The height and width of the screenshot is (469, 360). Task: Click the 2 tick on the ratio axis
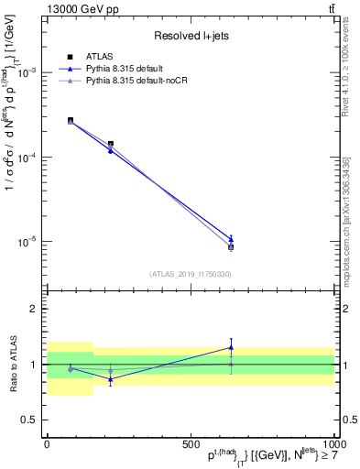coord(34,309)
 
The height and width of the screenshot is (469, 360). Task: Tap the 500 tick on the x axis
coord(191,443)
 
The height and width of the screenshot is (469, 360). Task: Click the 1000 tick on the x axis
coord(332,443)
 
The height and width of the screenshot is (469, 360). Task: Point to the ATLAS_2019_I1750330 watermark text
coord(191,274)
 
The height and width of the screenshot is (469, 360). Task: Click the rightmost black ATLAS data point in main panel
coord(231,246)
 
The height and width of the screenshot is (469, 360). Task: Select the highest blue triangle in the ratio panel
coord(231,347)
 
